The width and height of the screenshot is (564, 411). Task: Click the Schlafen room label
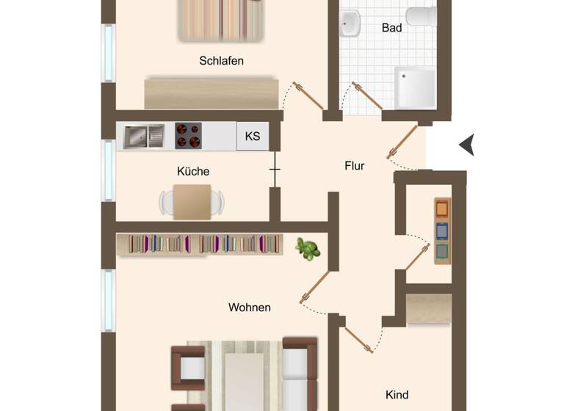[221, 61]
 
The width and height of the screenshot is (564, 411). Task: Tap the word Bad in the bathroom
[391, 28]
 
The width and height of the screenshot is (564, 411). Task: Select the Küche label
[193, 171]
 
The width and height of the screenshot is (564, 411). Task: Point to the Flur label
[355, 166]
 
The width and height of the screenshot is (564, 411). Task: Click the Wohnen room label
[250, 308]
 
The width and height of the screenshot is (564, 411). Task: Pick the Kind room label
[397, 395]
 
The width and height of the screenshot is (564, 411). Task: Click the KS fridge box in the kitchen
[252, 137]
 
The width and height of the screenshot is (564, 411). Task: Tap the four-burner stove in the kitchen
[188, 136]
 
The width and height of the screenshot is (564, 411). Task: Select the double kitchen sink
[144, 137]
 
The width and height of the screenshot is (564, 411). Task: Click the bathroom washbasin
[350, 24]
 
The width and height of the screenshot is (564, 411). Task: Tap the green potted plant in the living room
[308, 248]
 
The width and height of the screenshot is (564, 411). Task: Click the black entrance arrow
[467, 145]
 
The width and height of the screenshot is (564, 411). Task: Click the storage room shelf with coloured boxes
[441, 231]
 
